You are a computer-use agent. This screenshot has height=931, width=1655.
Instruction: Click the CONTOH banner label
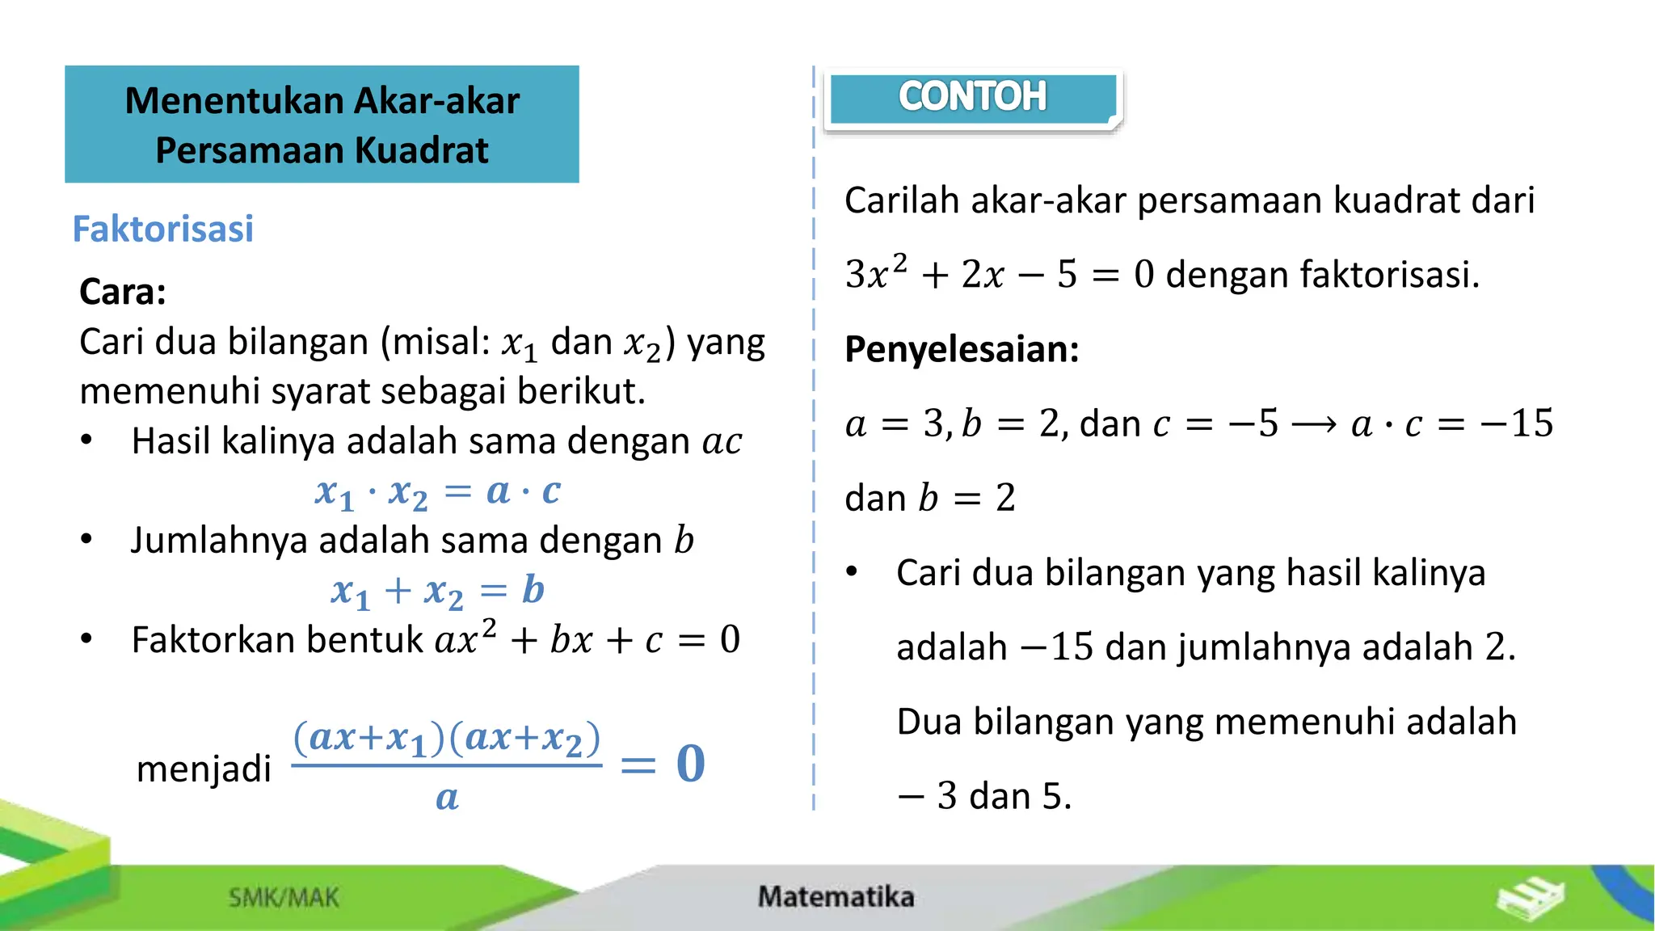972,97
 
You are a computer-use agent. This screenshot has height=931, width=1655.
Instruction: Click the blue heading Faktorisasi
162,229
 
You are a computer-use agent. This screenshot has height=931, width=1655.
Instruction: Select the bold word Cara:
123,292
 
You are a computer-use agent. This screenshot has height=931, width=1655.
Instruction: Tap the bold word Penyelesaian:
962,349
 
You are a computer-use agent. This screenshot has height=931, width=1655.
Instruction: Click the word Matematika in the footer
836,896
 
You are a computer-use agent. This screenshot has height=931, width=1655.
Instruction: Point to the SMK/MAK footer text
284,897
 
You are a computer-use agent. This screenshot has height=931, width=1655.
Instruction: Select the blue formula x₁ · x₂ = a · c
437,491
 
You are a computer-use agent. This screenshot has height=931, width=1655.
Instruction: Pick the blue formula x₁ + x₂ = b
437,591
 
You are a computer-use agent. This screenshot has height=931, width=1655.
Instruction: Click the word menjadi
204,768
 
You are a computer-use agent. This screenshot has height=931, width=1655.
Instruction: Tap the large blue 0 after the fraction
691,764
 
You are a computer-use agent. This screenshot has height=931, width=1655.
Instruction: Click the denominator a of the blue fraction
447,798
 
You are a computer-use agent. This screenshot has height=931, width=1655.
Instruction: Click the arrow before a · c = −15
1314,424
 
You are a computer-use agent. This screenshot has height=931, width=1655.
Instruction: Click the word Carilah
902,200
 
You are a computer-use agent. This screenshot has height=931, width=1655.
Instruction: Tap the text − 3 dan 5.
984,796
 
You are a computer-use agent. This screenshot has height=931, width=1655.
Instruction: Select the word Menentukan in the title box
234,101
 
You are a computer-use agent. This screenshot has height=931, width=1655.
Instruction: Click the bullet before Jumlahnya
86,539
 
